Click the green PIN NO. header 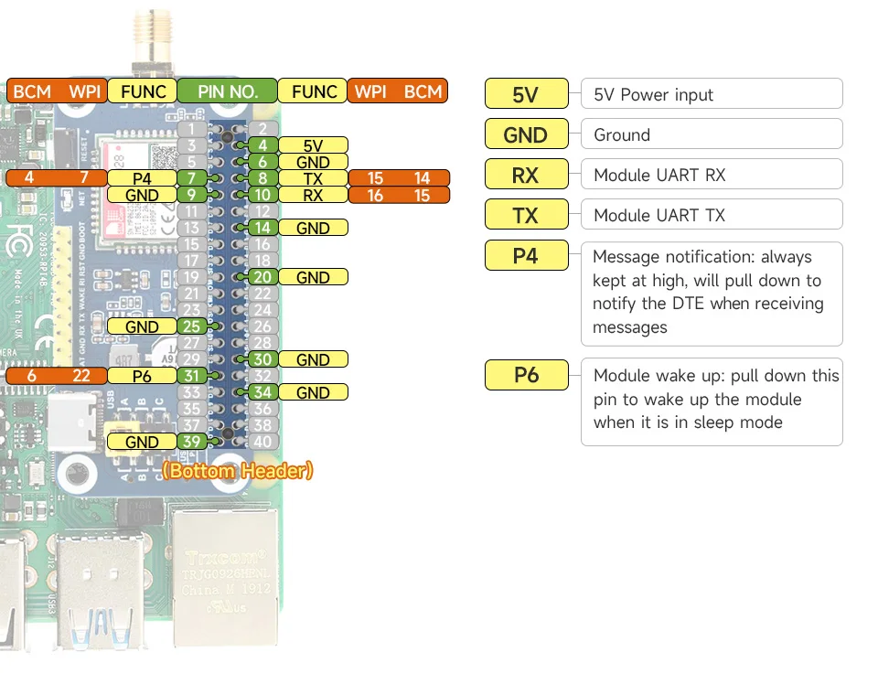coord(226,91)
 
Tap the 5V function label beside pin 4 coord(313,145)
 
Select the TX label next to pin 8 coord(313,178)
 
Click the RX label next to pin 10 coord(313,195)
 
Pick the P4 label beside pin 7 coord(142,178)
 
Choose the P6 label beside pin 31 coord(142,376)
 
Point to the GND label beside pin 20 coord(313,277)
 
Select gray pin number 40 coord(262,442)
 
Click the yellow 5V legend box coord(526,94)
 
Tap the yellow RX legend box coord(526,175)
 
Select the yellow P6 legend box coord(526,375)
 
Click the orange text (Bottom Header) coord(238,471)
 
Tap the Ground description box coord(711,134)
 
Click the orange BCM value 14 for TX coord(422,178)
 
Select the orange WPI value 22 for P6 coord(82,376)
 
